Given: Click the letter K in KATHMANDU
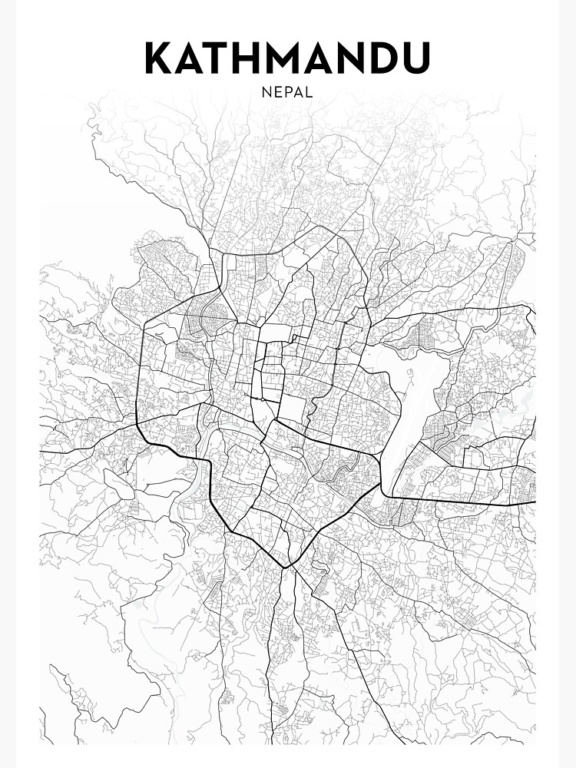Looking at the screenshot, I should point(160,59).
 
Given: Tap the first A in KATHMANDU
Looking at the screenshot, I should point(192,59).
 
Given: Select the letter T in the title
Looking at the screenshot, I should point(221,59).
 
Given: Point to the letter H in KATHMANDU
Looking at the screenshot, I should point(251,59).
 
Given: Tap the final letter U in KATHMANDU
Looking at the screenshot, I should point(418,59).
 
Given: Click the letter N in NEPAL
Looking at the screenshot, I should point(266,92).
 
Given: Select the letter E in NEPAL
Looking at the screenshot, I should point(276,92).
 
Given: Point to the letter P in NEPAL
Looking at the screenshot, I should point(286,92).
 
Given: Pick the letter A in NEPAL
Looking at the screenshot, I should point(297,92).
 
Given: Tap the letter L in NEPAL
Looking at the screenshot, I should point(308,92).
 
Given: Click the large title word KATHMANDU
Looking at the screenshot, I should point(288,59).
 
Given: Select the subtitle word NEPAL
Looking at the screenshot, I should point(287,92).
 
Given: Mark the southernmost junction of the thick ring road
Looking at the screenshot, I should point(286,567).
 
